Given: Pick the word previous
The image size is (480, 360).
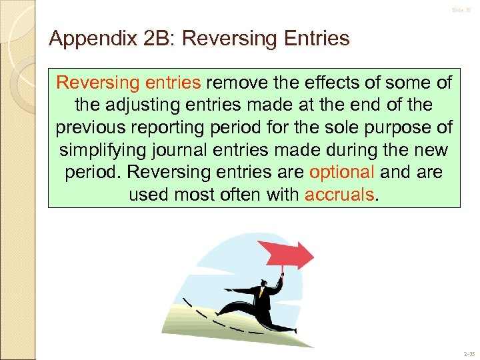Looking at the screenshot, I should pos(97,127).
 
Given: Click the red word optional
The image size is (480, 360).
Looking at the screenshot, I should pos(342,171).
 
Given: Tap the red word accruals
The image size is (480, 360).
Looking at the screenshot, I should pos(340,194).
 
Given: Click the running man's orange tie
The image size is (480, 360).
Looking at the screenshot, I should pos(262,289).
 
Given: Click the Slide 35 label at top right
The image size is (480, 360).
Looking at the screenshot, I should pos(461,10).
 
